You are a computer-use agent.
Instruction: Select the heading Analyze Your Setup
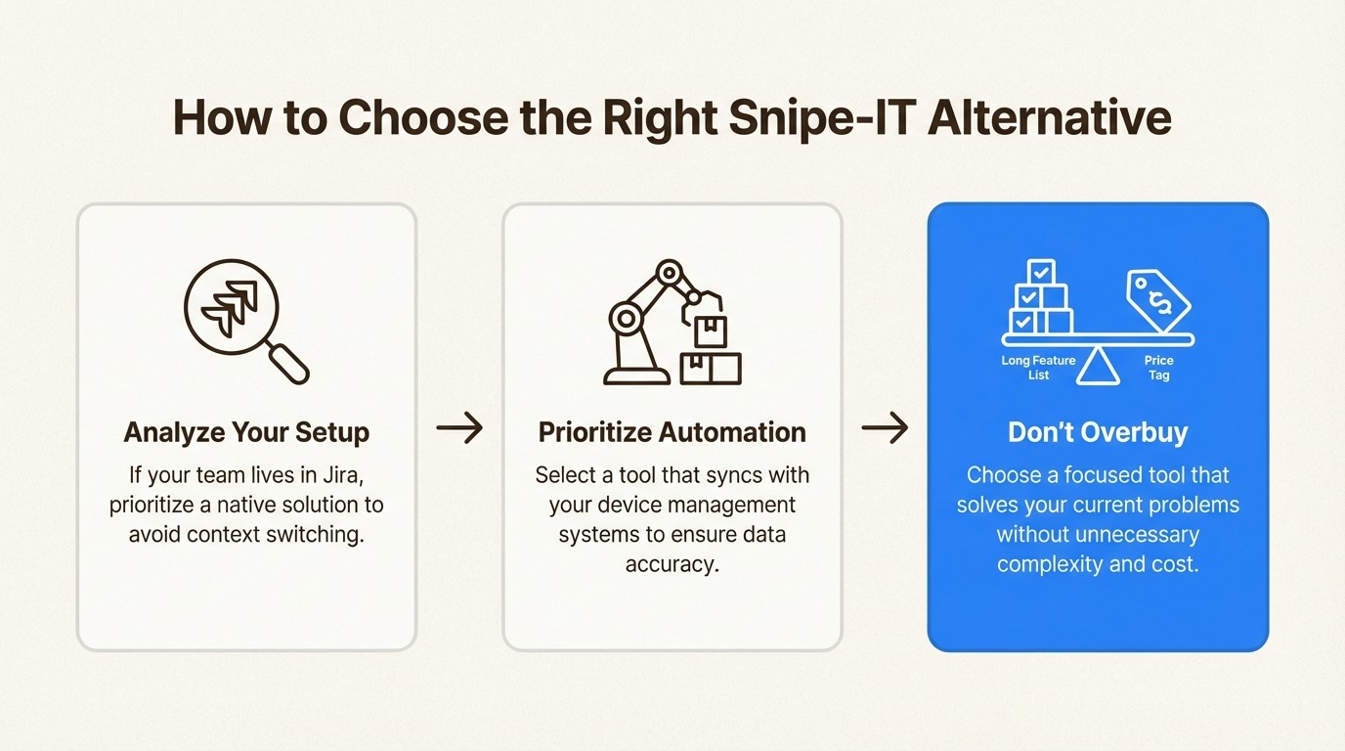click(246, 432)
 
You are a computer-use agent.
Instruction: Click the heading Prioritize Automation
click(672, 432)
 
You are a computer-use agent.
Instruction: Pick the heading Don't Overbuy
click(1098, 432)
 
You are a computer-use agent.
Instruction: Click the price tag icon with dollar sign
click(1157, 298)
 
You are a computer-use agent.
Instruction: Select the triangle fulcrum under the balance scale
click(1098, 366)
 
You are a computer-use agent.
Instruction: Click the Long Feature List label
click(1038, 368)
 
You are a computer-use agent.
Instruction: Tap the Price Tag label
click(1158, 368)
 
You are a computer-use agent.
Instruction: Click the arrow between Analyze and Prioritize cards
click(459, 428)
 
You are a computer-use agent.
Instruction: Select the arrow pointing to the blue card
click(885, 428)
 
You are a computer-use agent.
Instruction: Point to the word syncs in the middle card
click(733, 475)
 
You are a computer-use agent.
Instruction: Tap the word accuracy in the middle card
click(672, 564)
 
